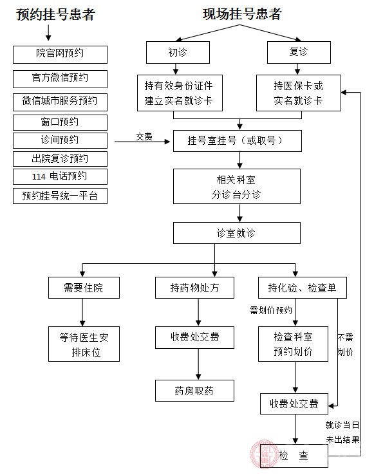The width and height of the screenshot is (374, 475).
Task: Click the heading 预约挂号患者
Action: (x=56, y=15)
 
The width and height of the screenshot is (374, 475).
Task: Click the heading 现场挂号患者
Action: (x=241, y=14)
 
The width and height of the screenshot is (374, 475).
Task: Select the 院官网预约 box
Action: (x=60, y=54)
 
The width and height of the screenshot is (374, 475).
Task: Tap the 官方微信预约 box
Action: (x=60, y=78)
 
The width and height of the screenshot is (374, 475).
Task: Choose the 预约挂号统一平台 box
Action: (x=60, y=196)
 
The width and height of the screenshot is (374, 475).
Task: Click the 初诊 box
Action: (x=178, y=51)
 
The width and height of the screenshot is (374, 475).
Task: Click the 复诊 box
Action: (x=295, y=51)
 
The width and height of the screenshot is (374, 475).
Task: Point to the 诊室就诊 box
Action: (x=236, y=233)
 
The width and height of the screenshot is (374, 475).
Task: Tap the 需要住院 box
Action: (x=84, y=288)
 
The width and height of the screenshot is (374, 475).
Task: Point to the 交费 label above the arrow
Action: (x=144, y=136)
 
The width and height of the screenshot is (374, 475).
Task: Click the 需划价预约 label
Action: (x=271, y=310)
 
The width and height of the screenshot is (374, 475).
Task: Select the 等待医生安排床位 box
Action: (x=84, y=344)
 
